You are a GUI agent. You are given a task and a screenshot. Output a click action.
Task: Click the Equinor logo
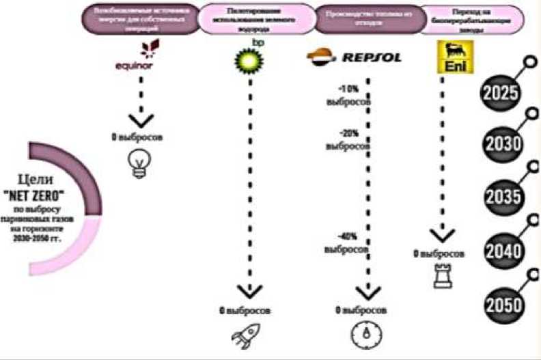coord(141,59)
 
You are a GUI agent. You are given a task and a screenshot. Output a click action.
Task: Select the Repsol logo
coord(354,57)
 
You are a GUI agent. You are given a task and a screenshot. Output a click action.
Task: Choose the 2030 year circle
coord(503,144)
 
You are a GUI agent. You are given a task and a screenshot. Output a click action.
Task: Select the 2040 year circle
coord(503,250)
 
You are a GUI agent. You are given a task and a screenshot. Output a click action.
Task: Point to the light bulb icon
coord(141,165)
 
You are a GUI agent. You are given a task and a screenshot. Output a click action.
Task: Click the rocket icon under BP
coord(248,337)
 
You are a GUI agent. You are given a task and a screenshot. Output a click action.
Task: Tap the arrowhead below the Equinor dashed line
coord(141,119)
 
